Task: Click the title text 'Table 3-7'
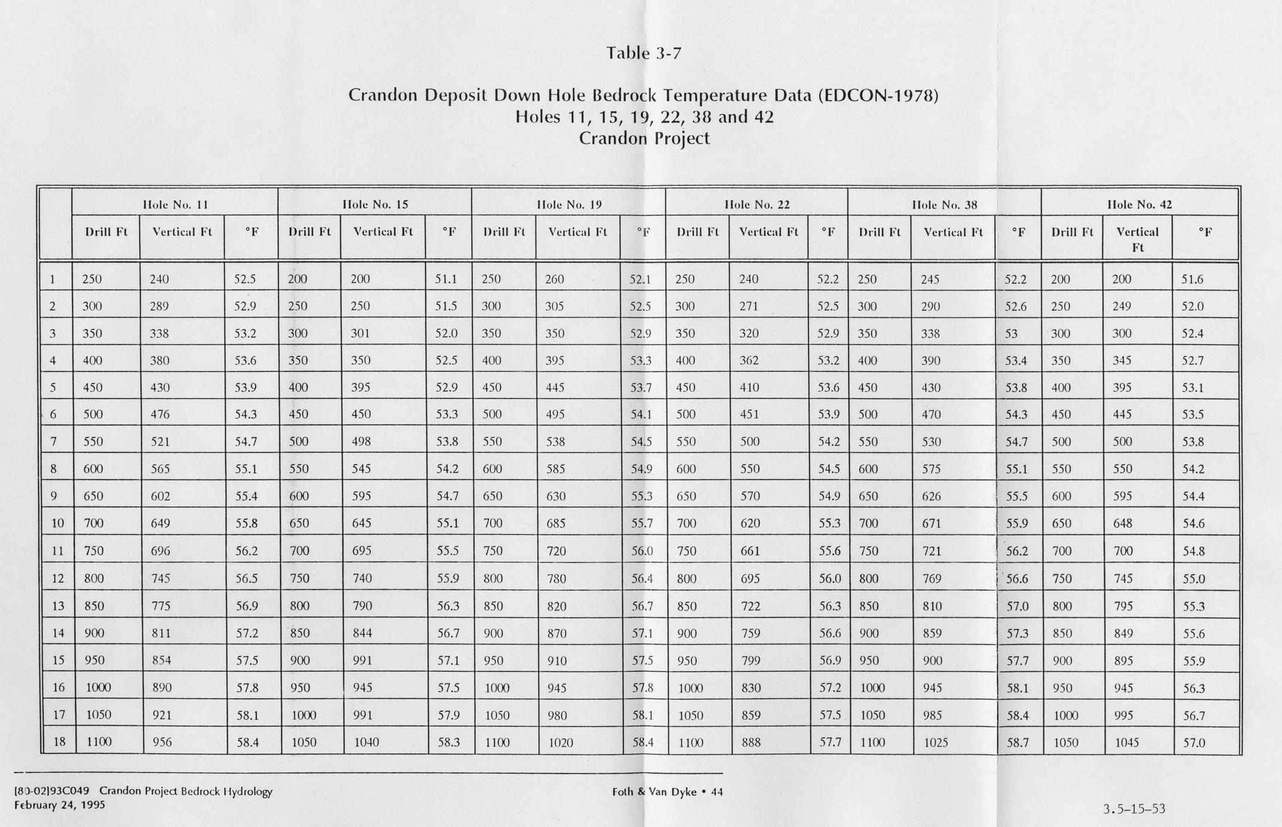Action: (644, 53)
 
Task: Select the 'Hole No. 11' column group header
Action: (175, 204)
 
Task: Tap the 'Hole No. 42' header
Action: (1139, 204)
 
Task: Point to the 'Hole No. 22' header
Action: (757, 204)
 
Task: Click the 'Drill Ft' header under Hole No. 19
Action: (504, 232)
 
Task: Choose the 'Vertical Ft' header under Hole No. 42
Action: (1137, 239)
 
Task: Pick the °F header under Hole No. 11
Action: (251, 232)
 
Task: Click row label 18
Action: (59, 741)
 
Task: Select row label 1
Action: (53, 279)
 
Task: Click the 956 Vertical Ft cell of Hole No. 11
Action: (162, 742)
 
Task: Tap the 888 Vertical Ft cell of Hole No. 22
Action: (751, 743)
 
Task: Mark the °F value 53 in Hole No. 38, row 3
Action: (1011, 334)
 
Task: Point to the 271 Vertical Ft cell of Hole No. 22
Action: (748, 306)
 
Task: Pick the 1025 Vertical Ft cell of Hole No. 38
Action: (935, 743)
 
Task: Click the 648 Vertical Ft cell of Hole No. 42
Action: (1123, 523)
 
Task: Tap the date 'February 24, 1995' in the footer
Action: (59, 805)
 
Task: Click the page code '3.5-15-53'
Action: (1134, 809)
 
